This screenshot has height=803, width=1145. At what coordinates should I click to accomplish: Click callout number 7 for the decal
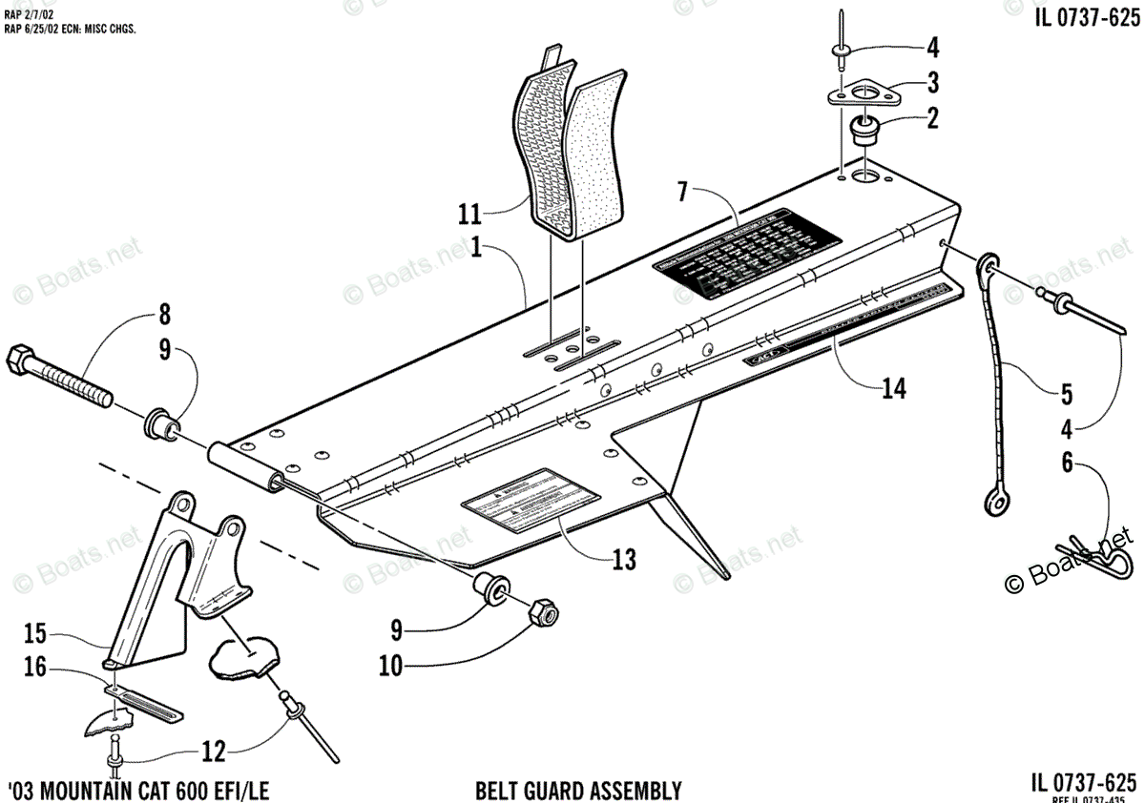682,191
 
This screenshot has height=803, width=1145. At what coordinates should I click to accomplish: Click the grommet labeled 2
865,128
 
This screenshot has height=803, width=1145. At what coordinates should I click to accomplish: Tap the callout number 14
894,388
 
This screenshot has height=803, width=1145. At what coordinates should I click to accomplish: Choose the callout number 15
34,631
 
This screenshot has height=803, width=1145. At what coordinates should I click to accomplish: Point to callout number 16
34,669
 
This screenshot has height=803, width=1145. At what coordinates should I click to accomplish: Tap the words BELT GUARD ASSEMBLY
578,791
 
